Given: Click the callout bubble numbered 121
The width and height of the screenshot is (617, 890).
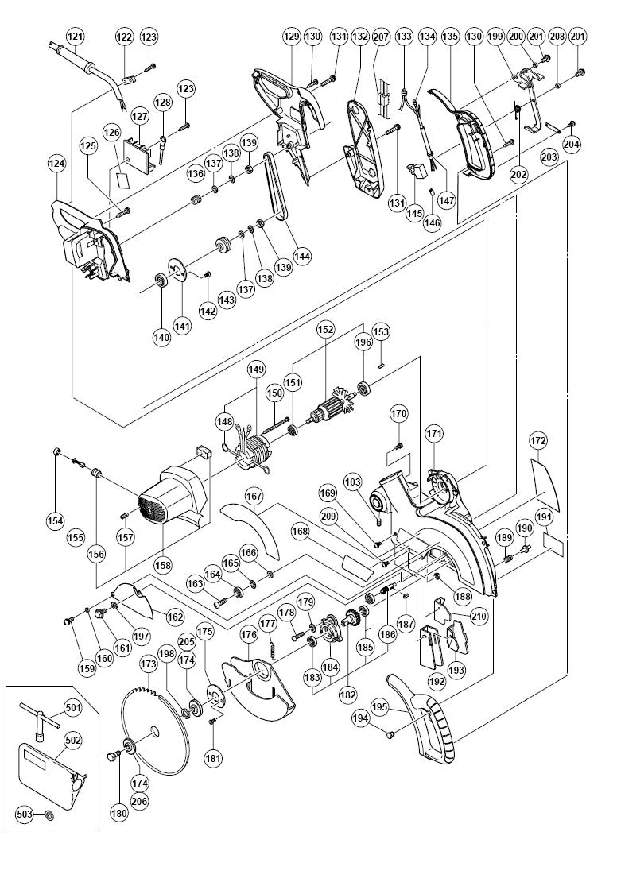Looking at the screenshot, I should pos(75,37).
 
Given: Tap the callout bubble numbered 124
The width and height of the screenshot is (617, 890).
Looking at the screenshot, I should pos(56,164).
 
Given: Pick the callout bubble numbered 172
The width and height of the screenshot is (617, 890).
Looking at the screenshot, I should pos(538,439).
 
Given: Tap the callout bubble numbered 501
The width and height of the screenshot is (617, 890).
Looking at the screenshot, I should pos(73,707).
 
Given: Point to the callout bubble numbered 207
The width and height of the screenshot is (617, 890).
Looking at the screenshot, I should pos(380,37).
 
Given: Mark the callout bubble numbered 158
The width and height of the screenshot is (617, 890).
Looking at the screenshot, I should pos(163,566).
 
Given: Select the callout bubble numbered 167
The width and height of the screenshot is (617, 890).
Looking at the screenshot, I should pos(254,496).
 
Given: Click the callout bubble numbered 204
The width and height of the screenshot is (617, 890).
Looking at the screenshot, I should pos(572,145).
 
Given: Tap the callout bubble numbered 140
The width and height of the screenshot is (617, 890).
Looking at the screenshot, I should pos(162,337).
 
